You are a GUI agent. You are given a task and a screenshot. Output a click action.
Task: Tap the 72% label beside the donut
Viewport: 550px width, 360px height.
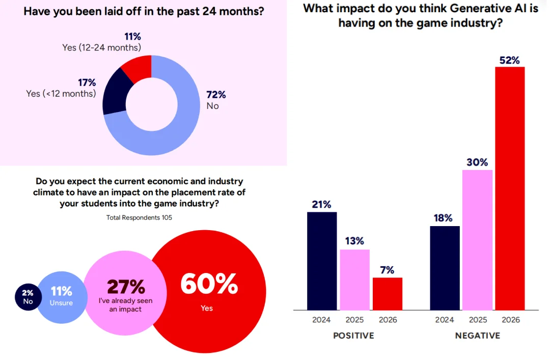point(215,95)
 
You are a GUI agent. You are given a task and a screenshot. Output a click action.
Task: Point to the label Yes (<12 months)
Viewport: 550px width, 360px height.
point(61,94)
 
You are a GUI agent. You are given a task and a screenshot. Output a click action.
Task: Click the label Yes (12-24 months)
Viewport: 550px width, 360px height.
point(101,47)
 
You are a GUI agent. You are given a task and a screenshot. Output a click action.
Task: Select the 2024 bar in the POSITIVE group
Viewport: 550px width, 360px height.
point(322,261)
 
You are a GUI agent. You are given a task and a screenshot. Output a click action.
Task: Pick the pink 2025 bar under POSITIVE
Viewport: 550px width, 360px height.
point(354,280)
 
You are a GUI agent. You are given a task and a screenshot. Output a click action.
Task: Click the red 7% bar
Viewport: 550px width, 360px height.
point(387,293)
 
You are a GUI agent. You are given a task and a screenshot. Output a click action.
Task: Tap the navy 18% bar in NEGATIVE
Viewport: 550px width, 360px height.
point(445,268)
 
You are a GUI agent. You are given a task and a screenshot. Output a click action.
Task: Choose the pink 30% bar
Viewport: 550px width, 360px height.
point(477,239)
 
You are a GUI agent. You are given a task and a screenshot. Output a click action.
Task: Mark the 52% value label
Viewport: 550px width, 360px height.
point(509,60)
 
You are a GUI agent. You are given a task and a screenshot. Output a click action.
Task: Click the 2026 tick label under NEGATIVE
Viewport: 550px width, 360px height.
point(510,320)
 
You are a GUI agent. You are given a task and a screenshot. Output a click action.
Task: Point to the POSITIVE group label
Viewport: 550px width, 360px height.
point(353,336)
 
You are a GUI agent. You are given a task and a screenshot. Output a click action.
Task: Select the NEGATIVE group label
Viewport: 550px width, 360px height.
point(477,336)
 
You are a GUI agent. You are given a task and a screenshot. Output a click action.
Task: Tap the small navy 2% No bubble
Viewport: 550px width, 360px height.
point(28,297)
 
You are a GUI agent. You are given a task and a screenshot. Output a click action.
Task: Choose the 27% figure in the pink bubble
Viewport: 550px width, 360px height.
point(125,287)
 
